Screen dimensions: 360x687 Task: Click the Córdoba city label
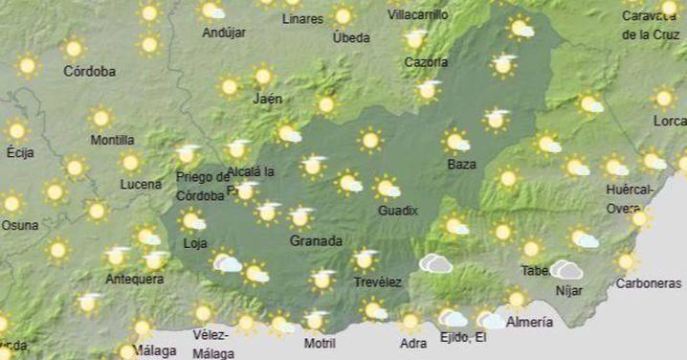coord(89,71)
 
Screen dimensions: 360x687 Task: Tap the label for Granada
coord(316,241)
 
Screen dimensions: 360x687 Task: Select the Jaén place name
coord(268,98)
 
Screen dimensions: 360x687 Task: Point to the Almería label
coord(529,322)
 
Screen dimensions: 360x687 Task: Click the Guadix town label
coord(398,211)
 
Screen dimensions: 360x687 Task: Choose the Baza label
coord(461,165)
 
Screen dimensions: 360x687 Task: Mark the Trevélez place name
coord(377,282)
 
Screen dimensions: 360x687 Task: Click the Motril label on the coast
coord(320,343)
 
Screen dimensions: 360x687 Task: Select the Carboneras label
coord(649,283)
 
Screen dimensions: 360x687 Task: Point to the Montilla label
coord(112,140)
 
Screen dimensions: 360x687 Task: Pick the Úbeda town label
coord(350,37)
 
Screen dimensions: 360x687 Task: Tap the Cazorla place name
coord(426,62)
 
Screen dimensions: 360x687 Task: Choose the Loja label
coord(195,243)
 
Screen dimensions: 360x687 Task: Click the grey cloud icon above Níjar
coord(566,270)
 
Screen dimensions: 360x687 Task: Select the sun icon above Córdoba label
coord(74,48)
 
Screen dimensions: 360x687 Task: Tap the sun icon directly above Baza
coord(456,142)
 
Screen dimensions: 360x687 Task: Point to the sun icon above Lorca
coord(664,98)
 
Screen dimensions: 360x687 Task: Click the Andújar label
coord(224,33)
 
